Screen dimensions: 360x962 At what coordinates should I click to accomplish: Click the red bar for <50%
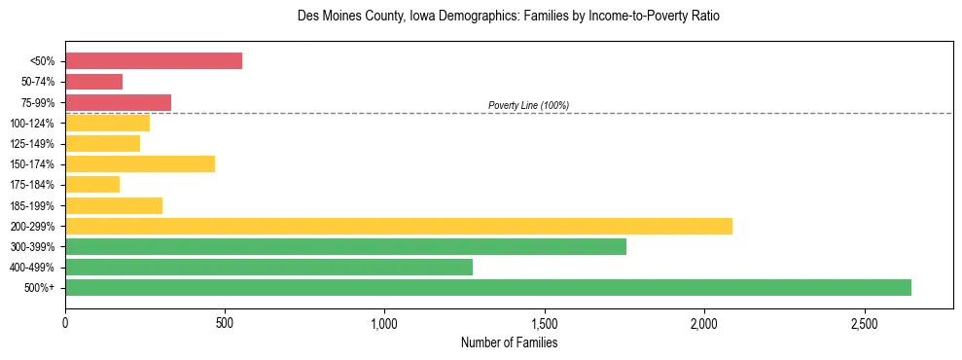click(x=154, y=61)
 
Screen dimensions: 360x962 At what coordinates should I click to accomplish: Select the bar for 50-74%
click(x=94, y=82)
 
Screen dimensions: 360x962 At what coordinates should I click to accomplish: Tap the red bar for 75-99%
click(x=119, y=102)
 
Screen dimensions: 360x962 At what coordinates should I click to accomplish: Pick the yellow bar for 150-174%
click(x=140, y=164)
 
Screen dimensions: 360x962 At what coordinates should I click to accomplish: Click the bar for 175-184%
click(x=92, y=185)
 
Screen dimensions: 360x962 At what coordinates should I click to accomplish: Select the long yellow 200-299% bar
click(x=399, y=226)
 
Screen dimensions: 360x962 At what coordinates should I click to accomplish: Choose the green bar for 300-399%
click(x=345, y=246)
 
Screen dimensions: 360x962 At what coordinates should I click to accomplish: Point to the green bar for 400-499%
click(x=268, y=267)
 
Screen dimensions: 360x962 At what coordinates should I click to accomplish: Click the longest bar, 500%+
click(x=488, y=287)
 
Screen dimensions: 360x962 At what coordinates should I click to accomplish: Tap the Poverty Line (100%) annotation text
click(x=528, y=105)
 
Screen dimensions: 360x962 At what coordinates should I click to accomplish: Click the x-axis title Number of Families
click(x=509, y=342)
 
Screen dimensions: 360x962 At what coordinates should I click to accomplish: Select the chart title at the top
click(x=509, y=17)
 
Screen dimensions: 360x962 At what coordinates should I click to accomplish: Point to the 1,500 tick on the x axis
click(x=545, y=322)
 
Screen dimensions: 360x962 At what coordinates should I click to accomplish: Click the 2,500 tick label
click(x=864, y=322)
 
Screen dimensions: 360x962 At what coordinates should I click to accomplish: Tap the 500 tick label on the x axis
click(x=225, y=322)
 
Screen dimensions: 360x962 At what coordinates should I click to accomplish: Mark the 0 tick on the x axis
click(x=65, y=322)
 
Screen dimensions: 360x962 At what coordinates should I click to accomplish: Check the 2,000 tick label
click(x=704, y=322)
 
